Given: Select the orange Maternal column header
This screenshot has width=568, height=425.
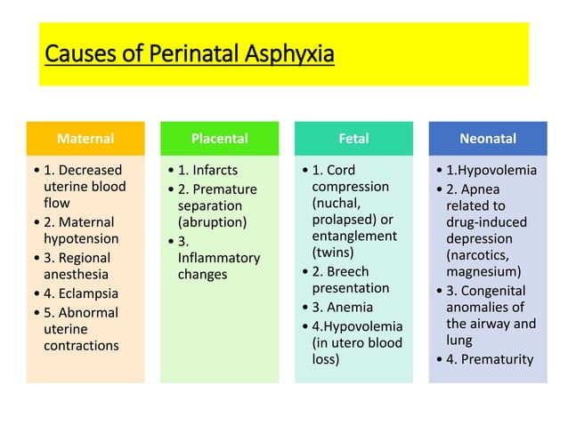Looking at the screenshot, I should pyautogui.click(x=85, y=139).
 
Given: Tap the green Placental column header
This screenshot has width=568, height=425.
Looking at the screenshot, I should pyautogui.click(x=219, y=139).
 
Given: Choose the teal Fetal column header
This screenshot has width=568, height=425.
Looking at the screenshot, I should pyautogui.click(x=353, y=139).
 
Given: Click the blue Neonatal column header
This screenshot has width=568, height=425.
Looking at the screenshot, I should pyautogui.click(x=487, y=139).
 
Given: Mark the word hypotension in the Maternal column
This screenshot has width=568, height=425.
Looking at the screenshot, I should pyautogui.click(x=81, y=239).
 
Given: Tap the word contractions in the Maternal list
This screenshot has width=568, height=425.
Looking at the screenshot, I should pyautogui.click(x=81, y=345).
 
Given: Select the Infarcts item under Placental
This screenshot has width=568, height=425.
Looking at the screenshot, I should pyautogui.click(x=215, y=170).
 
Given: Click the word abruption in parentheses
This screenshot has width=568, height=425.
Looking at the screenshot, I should pyautogui.click(x=213, y=222).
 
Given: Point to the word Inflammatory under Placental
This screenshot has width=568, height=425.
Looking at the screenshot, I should pyautogui.click(x=219, y=258).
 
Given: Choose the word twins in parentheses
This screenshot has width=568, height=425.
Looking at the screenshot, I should pyautogui.click(x=332, y=253).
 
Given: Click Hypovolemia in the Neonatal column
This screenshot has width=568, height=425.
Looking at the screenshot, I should pyautogui.click(x=499, y=170).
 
